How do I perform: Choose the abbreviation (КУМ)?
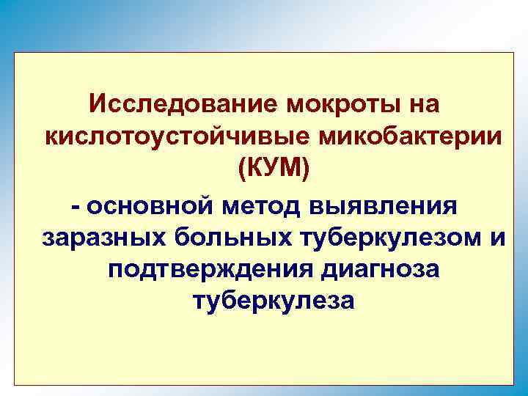tap(274, 171)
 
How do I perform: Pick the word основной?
tap(147, 205)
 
